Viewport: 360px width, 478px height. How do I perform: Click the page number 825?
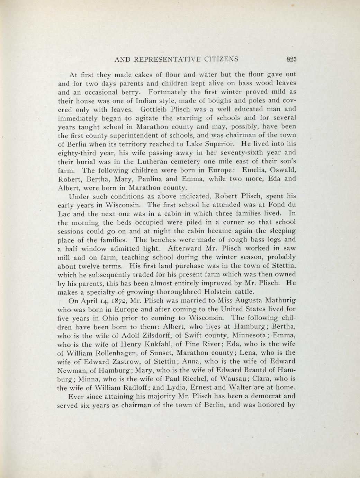coord(291,59)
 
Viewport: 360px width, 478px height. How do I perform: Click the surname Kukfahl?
coord(149,344)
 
